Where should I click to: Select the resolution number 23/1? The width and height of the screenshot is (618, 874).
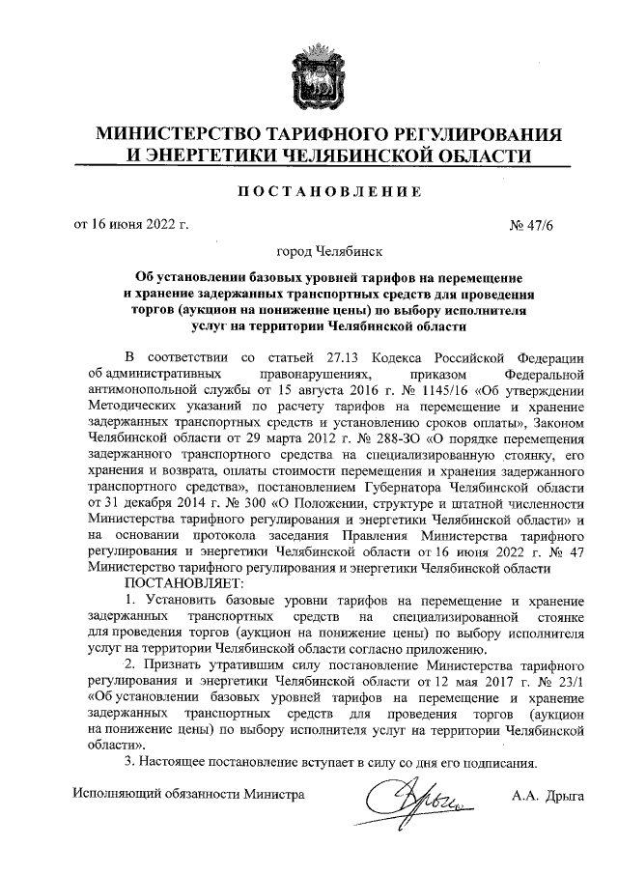point(568,682)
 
